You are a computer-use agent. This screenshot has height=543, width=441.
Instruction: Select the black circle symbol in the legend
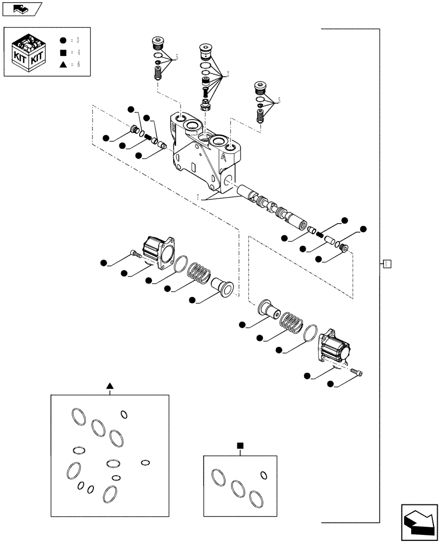coord(62,40)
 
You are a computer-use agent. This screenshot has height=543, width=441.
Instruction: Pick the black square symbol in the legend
coord(62,53)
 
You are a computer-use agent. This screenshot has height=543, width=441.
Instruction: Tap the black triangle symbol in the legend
coord(62,65)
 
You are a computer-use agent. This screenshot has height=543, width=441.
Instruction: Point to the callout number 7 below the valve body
coord(199,197)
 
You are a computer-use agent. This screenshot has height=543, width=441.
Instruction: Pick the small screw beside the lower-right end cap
coord(358,372)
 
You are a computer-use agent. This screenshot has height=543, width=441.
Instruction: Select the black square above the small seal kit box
coord(240,446)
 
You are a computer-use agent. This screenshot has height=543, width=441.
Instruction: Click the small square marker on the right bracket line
coord(386,264)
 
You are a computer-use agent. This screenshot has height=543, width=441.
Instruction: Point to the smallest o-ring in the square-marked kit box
coord(263,475)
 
